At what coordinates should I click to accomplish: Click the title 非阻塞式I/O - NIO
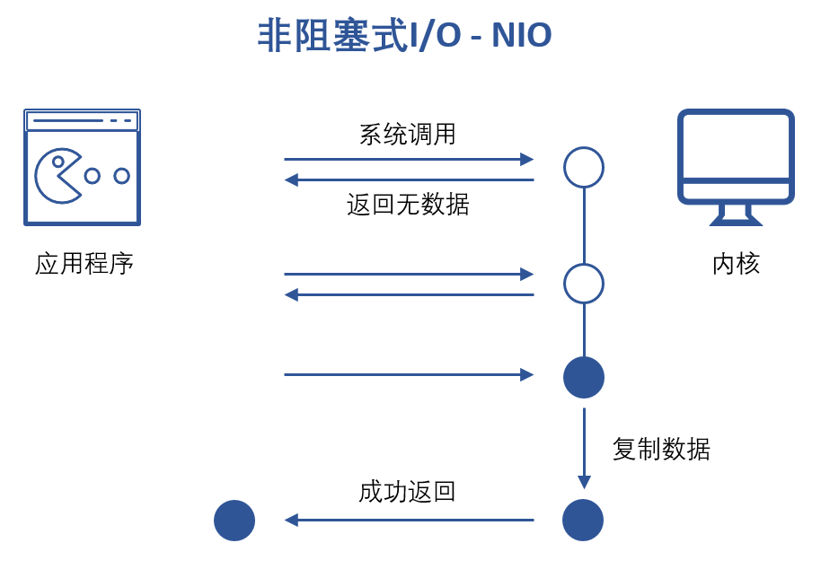[x=404, y=37]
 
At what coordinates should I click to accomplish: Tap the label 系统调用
[x=408, y=135]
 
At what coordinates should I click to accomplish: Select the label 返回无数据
[x=408, y=206]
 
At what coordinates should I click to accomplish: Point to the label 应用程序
[x=84, y=264]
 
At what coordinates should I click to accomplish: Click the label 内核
[x=736, y=264]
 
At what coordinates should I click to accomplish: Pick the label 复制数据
[x=661, y=449]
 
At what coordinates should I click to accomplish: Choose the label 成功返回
[x=407, y=492]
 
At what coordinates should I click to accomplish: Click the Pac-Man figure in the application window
[x=57, y=175]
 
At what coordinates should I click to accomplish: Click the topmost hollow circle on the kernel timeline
[x=584, y=167]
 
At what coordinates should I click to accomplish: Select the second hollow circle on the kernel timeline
[x=584, y=284]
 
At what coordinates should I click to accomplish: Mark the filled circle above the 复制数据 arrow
[x=584, y=377]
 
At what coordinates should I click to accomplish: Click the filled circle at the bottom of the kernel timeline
[x=583, y=520]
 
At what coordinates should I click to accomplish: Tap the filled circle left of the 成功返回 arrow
[x=234, y=521]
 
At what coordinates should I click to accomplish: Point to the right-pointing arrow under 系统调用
[x=409, y=160]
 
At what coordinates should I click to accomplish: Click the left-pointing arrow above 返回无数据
[x=409, y=180]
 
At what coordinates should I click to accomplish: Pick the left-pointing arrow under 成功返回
[x=409, y=520]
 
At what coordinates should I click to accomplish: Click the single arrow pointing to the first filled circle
[x=409, y=374]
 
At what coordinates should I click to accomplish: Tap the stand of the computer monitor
[x=736, y=215]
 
